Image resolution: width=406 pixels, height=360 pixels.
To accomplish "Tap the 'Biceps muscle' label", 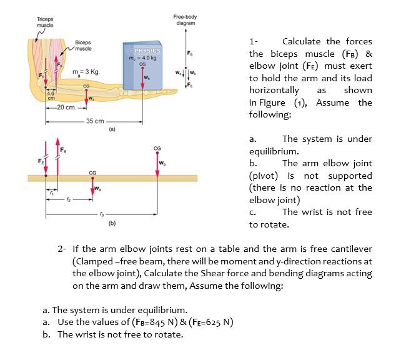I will [x=82, y=45].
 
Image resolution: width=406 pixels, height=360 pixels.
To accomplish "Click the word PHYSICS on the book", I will [x=147, y=51].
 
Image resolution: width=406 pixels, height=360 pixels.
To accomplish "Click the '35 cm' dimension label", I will [x=96, y=121].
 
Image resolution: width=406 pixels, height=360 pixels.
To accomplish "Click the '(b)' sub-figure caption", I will [x=112, y=222].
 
